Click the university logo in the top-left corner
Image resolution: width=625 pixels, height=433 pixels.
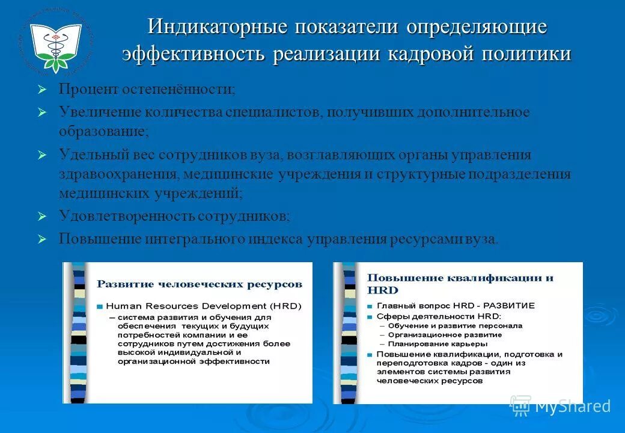[x=55, y=38]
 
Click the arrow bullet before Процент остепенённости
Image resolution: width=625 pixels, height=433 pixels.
[x=41, y=90]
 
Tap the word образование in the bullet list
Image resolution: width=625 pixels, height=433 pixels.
[x=102, y=130]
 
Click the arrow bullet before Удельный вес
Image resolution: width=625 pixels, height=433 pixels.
[x=41, y=155]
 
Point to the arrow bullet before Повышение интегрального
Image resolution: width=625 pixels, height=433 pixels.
[x=41, y=239]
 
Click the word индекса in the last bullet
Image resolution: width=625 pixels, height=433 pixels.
[x=276, y=239]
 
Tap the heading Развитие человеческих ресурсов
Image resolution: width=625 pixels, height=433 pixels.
[x=200, y=284]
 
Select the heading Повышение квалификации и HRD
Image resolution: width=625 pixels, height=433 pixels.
[x=460, y=283]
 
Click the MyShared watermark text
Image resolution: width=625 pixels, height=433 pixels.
[x=572, y=407]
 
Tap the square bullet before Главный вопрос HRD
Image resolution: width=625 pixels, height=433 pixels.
[x=370, y=306]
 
